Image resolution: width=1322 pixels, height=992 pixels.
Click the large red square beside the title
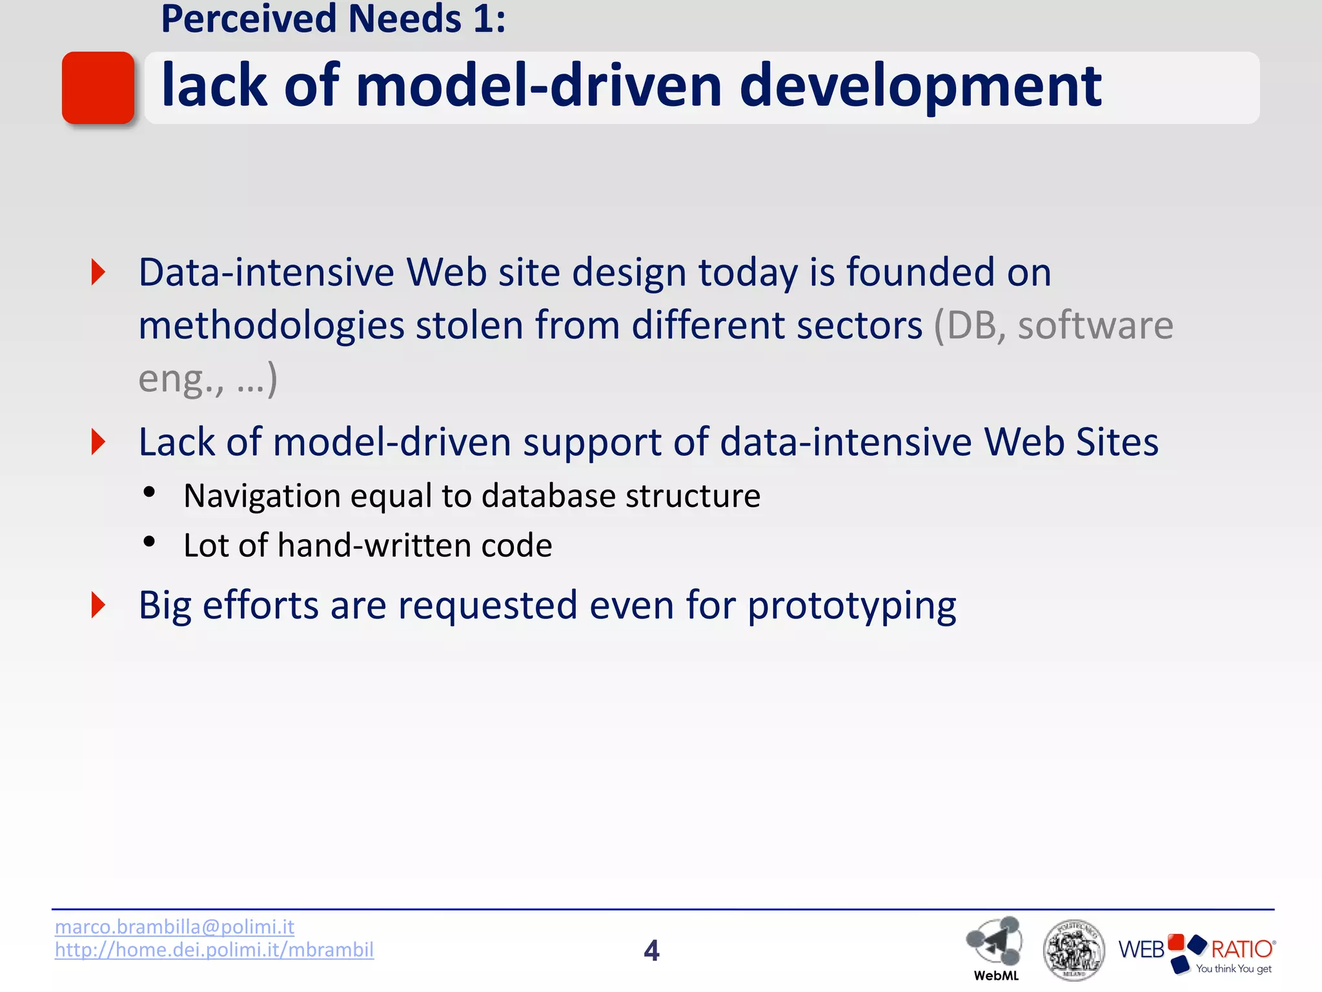(98, 88)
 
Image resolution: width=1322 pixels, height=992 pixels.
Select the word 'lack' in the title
(214, 87)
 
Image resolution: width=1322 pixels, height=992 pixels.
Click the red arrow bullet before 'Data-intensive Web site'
(98, 272)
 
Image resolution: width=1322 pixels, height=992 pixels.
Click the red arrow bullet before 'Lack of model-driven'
(98, 442)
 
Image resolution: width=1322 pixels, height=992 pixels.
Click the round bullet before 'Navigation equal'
(149, 493)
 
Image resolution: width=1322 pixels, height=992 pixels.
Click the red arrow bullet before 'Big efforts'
(98, 605)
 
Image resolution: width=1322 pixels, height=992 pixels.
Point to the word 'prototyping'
(852, 606)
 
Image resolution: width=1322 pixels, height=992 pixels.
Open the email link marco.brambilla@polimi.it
(174, 927)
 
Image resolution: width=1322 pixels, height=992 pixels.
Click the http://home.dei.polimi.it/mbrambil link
(214, 950)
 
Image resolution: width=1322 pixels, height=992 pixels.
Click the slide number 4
(651, 951)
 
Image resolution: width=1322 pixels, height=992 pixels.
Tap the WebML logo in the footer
(995, 946)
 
